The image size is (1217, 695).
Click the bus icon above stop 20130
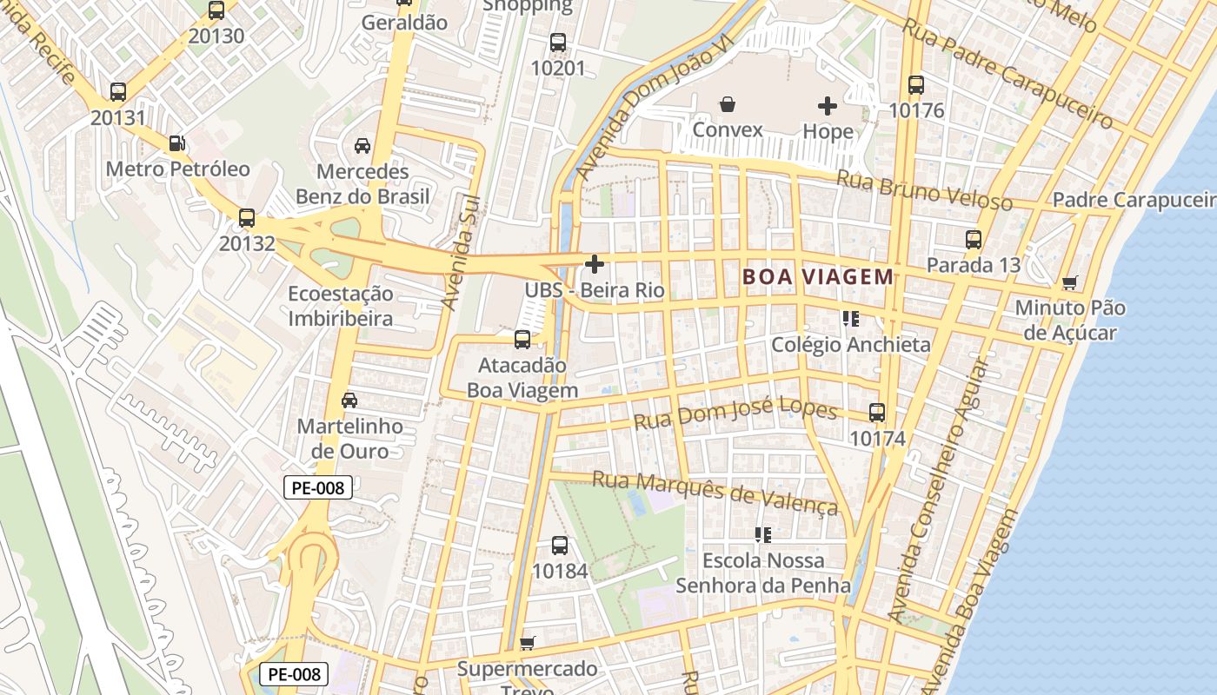[216, 10]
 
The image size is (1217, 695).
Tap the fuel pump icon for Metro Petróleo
[176, 142]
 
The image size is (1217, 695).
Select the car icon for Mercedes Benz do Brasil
[362, 145]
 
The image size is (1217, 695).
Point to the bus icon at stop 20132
[247, 218]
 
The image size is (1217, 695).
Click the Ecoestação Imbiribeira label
[341, 306]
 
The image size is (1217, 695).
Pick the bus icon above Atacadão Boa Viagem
[522, 340]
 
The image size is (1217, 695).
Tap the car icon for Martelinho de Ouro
[349, 400]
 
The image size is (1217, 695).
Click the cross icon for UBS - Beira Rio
[595, 264]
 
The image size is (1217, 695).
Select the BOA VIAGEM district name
[817, 277]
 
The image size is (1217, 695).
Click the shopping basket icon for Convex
[728, 105]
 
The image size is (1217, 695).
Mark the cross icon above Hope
[828, 106]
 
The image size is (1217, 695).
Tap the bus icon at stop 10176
[916, 85]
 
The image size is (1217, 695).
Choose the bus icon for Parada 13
[974, 240]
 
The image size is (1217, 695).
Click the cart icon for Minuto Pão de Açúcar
[1070, 282]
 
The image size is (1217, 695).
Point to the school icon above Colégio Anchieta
[851, 319]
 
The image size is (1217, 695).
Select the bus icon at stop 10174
[877, 413]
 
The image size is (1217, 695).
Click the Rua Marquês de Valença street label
[715, 493]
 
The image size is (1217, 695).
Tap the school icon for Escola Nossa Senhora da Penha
[763, 535]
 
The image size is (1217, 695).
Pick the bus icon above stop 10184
[560, 546]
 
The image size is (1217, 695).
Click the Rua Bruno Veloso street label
[924, 190]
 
